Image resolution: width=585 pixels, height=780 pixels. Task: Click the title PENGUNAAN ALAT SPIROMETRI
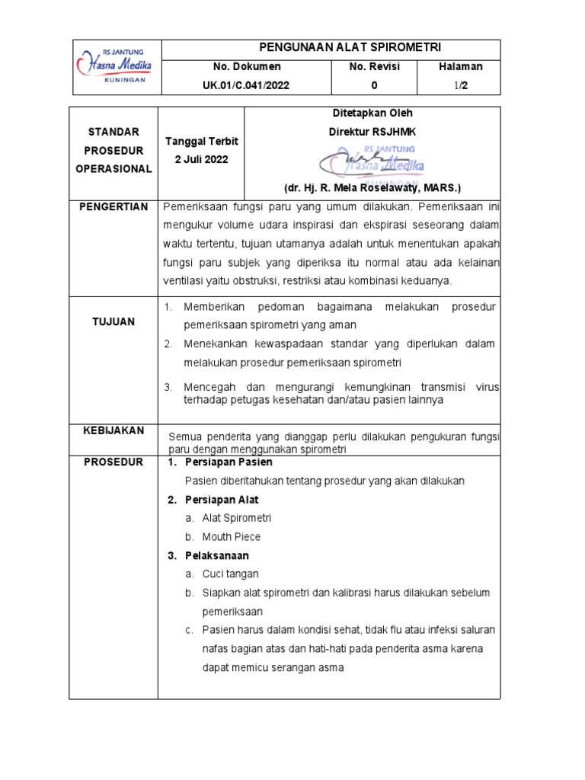(x=331, y=47)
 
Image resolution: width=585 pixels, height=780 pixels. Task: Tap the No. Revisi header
(x=374, y=67)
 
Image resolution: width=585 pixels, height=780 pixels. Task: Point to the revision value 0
(x=374, y=85)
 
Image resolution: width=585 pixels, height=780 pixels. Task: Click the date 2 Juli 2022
(x=200, y=160)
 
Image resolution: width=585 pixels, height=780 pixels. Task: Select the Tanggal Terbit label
(x=200, y=142)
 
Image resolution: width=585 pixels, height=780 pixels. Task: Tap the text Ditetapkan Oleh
(x=372, y=113)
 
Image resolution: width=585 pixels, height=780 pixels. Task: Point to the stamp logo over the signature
(x=372, y=160)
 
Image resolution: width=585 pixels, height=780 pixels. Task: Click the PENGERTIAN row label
(x=114, y=207)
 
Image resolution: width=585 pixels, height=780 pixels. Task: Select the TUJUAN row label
(x=114, y=322)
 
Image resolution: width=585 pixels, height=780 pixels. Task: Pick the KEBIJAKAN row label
(x=114, y=431)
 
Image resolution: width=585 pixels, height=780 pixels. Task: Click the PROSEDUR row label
(x=114, y=462)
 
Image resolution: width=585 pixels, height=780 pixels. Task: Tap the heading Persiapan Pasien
(x=229, y=462)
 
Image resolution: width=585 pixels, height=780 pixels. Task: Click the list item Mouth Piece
(x=232, y=537)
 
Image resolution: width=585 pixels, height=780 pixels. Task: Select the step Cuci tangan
(x=231, y=574)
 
